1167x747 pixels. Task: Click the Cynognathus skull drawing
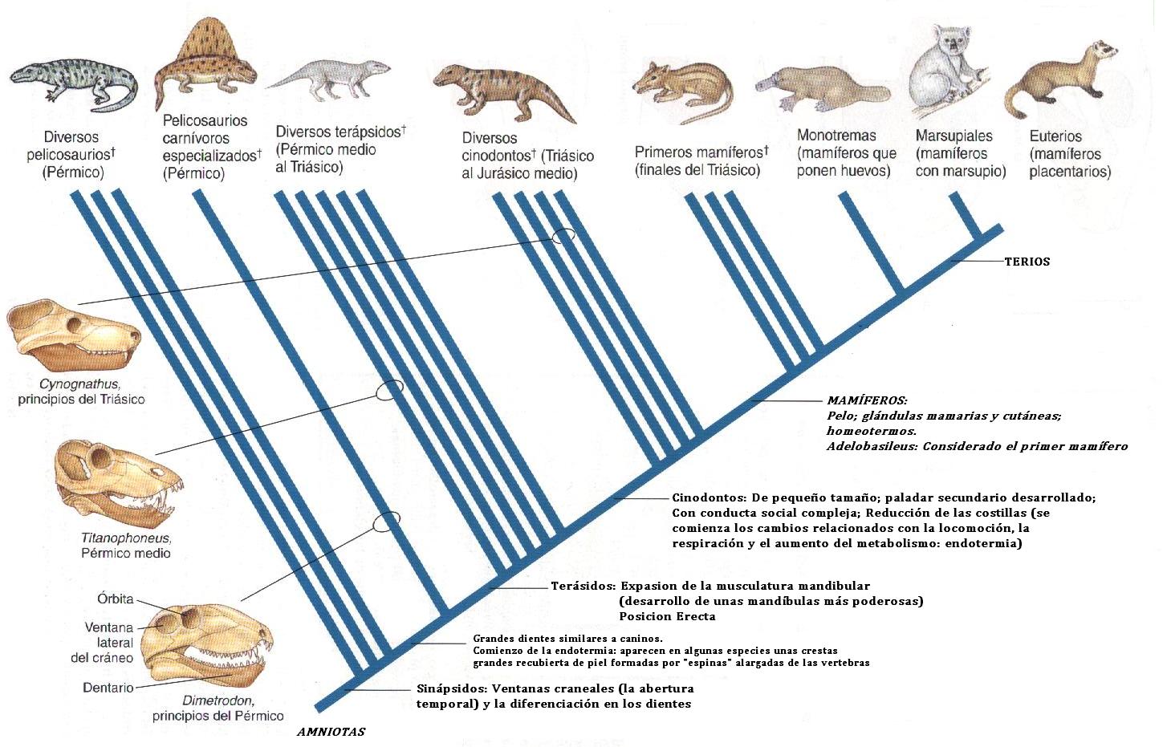pyautogui.click(x=72, y=333)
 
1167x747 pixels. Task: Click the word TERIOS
pyautogui.click(x=1027, y=262)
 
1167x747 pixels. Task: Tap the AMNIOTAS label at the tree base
pyautogui.click(x=331, y=732)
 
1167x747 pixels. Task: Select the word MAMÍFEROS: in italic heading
pyautogui.click(x=867, y=400)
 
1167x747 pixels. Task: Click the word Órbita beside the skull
pyautogui.click(x=115, y=599)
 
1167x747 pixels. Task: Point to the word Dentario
pyautogui.click(x=108, y=688)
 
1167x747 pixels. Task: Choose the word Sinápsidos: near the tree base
pyautogui.click(x=451, y=688)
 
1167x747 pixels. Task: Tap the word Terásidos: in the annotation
pyautogui.click(x=583, y=586)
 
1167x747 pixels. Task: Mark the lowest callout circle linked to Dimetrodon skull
pyautogui.click(x=386, y=522)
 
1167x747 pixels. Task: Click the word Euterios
pyautogui.click(x=1055, y=136)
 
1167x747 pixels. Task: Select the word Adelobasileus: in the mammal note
pyautogui.click(x=871, y=446)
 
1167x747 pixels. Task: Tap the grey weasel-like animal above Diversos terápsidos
pyautogui.click(x=329, y=78)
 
